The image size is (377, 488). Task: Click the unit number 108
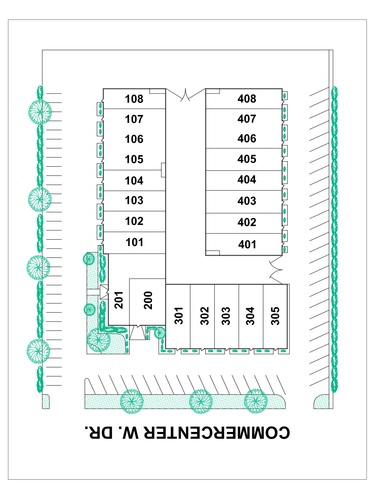coord(134,99)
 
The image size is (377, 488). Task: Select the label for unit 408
coord(247,99)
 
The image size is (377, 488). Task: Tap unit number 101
coord(134,242)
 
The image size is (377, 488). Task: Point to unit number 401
coord(247,245)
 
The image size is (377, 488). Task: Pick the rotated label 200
coord(148,300)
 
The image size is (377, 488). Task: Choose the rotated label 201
coord(119,300)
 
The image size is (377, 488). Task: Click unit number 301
coord(179,316)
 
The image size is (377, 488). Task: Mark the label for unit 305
coord(275,316)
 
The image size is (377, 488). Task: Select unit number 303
coord(226,316)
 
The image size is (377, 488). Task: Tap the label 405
coord(247,159)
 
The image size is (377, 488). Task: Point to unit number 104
coord(134,181)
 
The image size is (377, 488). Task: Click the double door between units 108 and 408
coord(185,95)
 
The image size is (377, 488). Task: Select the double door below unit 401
coord(276,270)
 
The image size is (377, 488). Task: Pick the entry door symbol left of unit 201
coord(104,292)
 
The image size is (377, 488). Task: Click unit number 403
coord(247,201)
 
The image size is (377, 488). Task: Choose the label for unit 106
coord(134,139)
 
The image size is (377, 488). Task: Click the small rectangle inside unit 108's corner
coord(158,91)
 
